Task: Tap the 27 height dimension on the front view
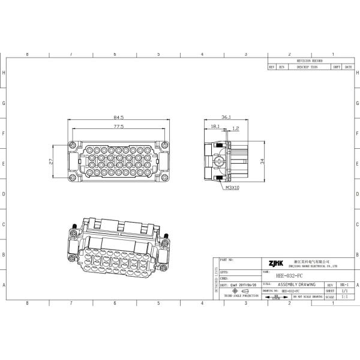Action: click(x=52, y=161)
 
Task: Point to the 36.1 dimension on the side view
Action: click(x=227, y=118)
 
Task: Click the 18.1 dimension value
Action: click(x=214, y=127)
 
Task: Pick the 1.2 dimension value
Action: click(x=235, y=128)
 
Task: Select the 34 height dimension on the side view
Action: click(x=262, y=161)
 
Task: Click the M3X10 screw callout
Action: click(x=232, y=188)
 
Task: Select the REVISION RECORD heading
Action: click(x=310, y=61)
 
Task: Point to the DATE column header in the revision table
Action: click(x=348, y=67)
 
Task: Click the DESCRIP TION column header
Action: click(x=310, y=67)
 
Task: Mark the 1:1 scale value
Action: click(x=344, y=296)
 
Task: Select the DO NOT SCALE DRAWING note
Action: click(x=307, y=296)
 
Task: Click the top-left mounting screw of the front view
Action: click(x=73, y=145)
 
